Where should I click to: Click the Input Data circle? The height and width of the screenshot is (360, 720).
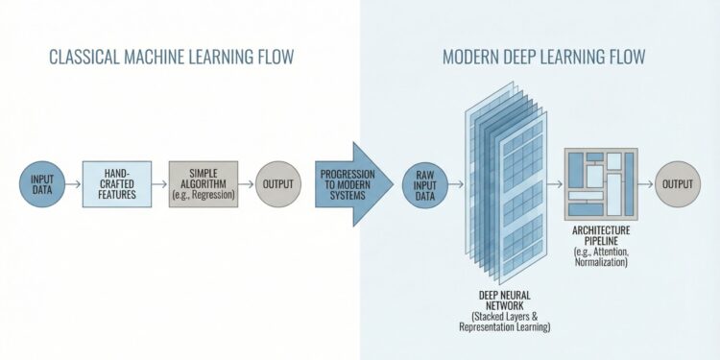point(41,182)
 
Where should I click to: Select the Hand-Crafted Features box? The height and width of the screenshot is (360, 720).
point(116,182)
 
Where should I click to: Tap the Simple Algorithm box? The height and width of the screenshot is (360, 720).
point(201,182)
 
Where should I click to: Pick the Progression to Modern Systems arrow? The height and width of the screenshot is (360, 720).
point(351,183)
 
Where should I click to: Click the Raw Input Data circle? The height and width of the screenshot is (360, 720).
point(425,183)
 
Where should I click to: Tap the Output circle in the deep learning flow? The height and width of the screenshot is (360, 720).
point(677,182)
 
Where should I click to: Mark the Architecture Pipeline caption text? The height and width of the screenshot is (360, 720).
point(600,237)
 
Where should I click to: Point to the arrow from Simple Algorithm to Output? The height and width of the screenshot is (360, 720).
point(244,182)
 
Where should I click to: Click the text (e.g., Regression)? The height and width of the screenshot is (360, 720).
point(201,195)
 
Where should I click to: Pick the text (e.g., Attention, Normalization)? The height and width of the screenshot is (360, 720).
point(600,255)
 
